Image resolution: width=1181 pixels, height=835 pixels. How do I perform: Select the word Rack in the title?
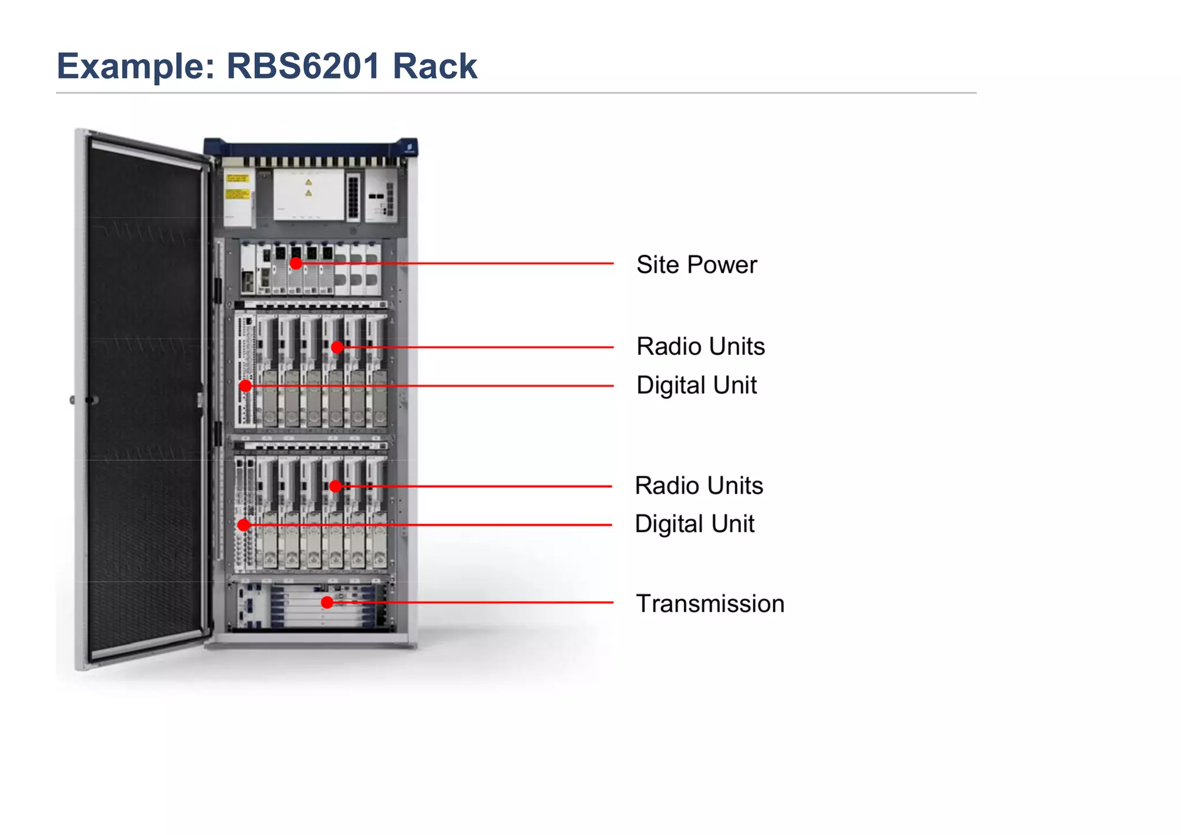pyautogui.click(x=435, y=66)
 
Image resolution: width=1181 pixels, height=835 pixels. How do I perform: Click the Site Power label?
pyautogui.click(x=696, y=265)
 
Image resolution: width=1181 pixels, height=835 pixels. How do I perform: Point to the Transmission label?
pyautogui.click(x=709, y=604)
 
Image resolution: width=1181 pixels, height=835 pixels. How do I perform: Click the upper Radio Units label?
pyautogui.click(x=700, y=347)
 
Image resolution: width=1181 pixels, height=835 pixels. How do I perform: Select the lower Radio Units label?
pyautogui.click(x=698, y=486)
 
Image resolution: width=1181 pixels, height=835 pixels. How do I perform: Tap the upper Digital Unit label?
pyautogui.click(x=696, y=385)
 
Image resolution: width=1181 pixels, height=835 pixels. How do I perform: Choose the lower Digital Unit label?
pyautogui.click(x=694, y=524)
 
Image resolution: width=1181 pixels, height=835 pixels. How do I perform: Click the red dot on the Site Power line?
pyautogui.click(x=296, y=264)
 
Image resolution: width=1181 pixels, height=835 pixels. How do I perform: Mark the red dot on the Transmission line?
pyautogui.click(x=327, y=603)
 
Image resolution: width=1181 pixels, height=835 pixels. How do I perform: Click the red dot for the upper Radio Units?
pyautogui.click(x=337, y=347)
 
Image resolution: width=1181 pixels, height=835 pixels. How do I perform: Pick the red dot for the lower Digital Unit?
pyautogui.click(x=244, y=525)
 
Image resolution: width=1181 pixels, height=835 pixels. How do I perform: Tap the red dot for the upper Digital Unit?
pyautogui.click(x=246, y=386)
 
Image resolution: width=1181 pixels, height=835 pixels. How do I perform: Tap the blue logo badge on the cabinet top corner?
pyautogui.click(x=409, y=148)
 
